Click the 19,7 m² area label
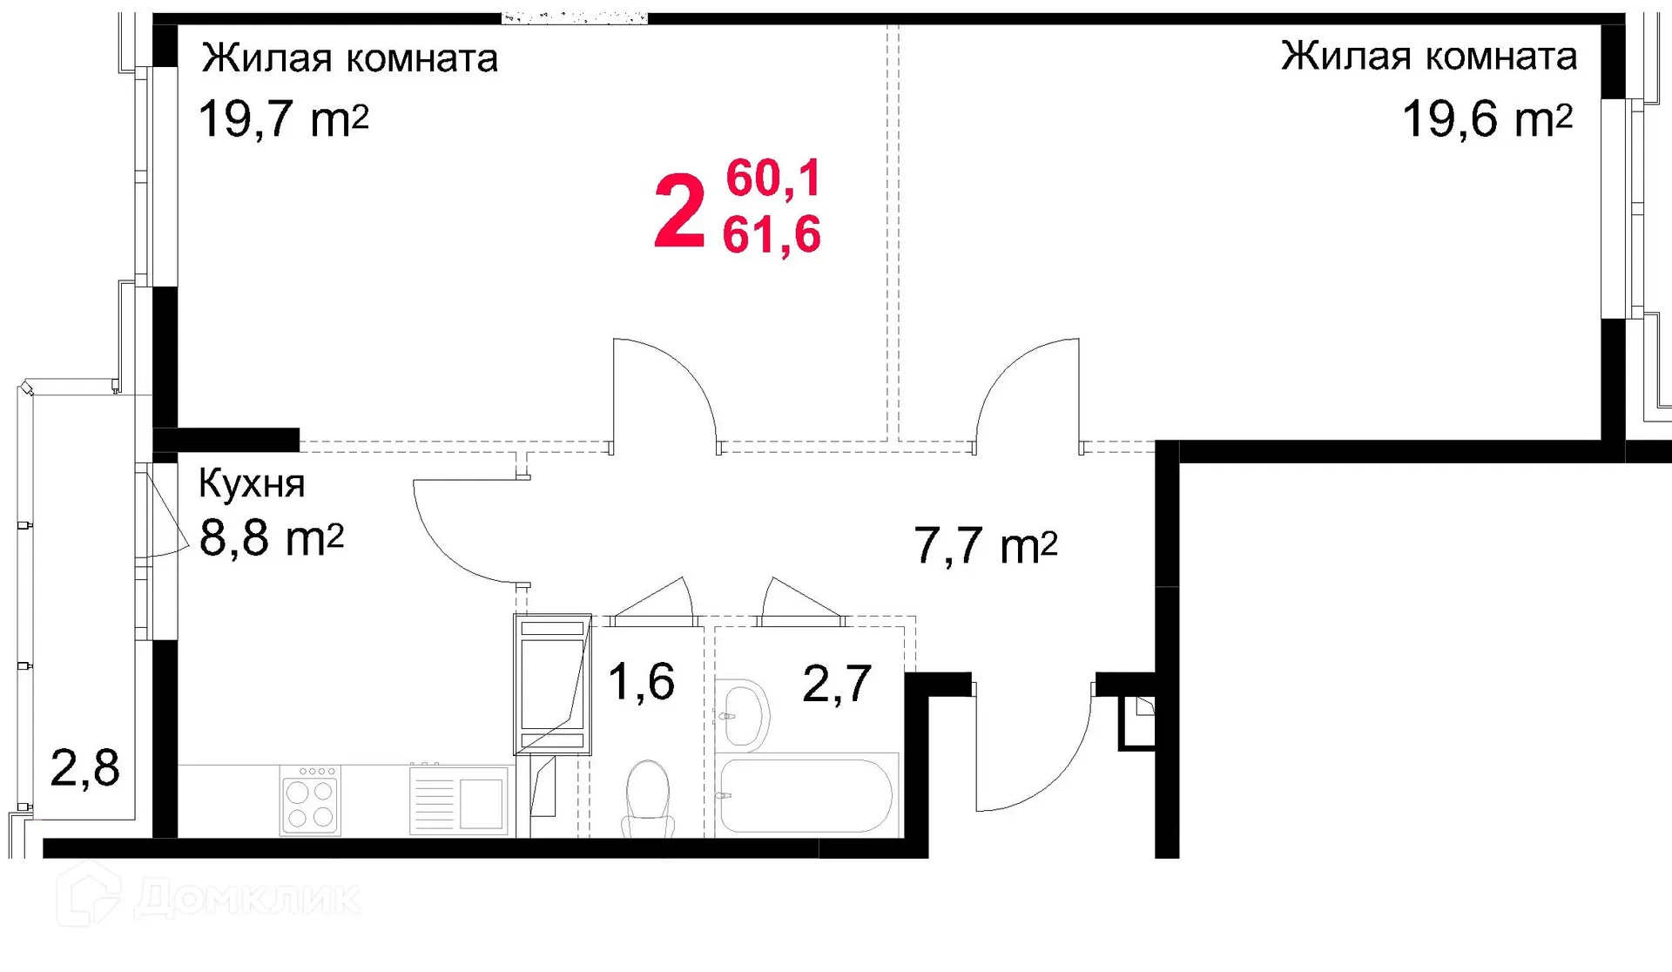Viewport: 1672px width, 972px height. pyautogui.click(x=284, y=119)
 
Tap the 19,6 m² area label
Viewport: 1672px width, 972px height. pyautogui.click(x=1487, y=119)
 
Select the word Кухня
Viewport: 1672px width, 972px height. pyautogui.click(x=252, y=483)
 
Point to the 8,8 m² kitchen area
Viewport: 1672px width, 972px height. pyautogui.click(x=271, y=538)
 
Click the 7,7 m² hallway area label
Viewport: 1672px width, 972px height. pyautogui.click(x=985, y=546)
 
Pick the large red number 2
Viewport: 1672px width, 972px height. pyautogui.click(x=678, y=212)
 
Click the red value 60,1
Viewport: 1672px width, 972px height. pyautogui.click(x=773, y=179)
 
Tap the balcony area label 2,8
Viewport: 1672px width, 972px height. pyautogui.click(x=84, y=768)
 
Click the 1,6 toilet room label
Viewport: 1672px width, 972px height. pyautogui.click(x=641, y=681)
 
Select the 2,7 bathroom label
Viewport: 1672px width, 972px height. pyautogui.click(x=836, y=683)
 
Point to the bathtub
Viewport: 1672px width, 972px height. pyautogui.click(x=806, y=795)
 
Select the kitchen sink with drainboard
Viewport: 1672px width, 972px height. pyautogui.click(x=459, y=800)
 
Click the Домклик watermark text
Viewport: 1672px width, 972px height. pyautogui.click(x=248, y=898)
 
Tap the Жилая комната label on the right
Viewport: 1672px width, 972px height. pyautogui.click(x=1428, y=57)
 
